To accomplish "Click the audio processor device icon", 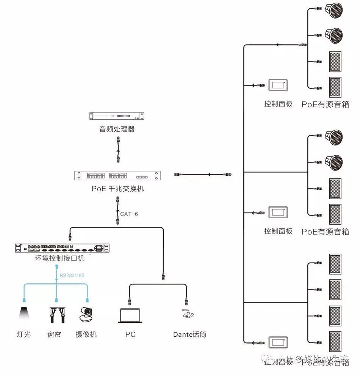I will [117, 116].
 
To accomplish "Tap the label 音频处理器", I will [117, 129].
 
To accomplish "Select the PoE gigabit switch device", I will [117, 176].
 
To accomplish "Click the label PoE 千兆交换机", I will [117, 189].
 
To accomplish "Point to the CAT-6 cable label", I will [129, 214].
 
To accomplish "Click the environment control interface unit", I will [62, 248].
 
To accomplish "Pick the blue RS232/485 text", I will [72, 275].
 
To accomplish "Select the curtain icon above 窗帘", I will [56, 314].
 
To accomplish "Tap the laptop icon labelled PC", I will [130, 316].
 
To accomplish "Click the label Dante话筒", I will [189, 334].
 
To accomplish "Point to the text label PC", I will [130, 334].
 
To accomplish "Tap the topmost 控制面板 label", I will [279, 104].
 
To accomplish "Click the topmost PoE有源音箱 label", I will [325, 104].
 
